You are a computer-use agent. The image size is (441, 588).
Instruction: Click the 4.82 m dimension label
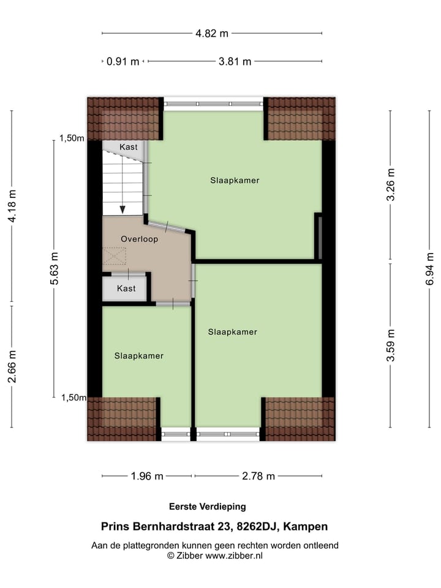coord(212,34)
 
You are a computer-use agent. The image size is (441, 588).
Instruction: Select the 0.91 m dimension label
coord(123,61)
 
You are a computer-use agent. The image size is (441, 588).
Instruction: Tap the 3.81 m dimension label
coord(235,61)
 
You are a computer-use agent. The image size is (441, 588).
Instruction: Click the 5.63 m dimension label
coord(55,268)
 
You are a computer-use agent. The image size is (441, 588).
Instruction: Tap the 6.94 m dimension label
coord(429,262)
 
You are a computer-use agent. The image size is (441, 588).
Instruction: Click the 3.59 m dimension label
coord(391,346)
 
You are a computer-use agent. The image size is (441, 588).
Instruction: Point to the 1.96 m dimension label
coord(148,476)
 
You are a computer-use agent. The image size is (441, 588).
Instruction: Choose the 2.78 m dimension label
coord(259,476)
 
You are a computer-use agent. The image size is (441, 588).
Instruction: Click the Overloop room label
coord(139,239)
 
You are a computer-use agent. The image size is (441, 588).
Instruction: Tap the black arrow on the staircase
coord(123,209)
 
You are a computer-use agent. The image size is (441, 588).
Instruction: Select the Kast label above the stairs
coord(129,147)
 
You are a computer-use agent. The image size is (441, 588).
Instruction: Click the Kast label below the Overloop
coord(126,288)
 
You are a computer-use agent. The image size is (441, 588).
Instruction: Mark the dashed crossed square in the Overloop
coord(114,255)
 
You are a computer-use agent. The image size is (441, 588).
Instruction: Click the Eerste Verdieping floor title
coord(207,507)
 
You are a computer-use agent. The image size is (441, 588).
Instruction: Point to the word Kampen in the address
coord(307,526)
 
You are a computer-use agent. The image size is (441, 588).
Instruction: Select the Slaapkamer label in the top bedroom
coord(235,181)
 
